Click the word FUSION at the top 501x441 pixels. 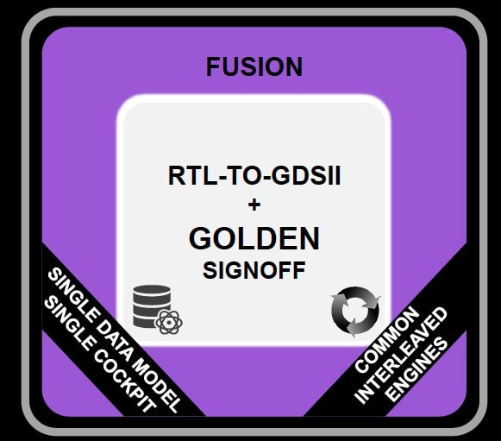pos(254,66)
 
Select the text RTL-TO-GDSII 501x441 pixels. pos(254,175)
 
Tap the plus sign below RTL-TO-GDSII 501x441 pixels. pos(254,205)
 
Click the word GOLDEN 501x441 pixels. pos(254,238)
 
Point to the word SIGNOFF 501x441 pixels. pos(254,270)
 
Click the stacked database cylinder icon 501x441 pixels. pos(152,306)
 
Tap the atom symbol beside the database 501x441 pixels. pos(168,322)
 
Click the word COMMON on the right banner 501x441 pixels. pos(386,340)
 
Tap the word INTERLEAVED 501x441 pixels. pos(401,356)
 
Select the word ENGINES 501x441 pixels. pos(416,370)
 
